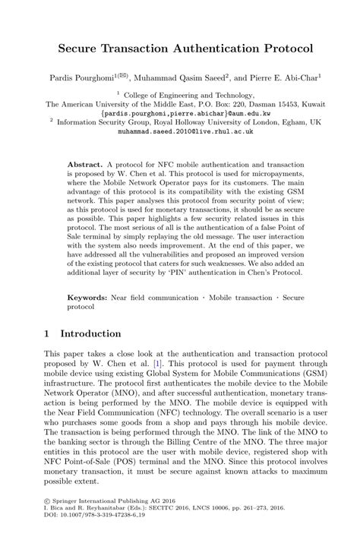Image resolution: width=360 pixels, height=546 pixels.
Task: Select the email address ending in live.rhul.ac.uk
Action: pos(179,131)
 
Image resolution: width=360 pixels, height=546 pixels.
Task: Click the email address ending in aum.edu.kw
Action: pos(179,111)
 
